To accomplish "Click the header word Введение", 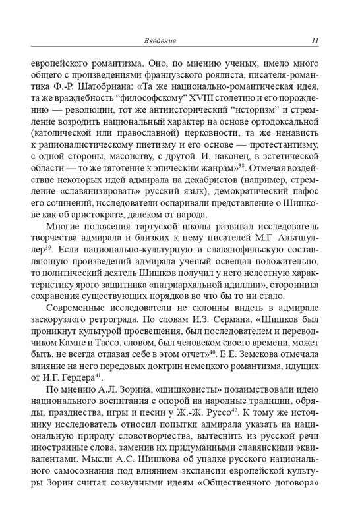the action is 160,42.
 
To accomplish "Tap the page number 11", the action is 315,42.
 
